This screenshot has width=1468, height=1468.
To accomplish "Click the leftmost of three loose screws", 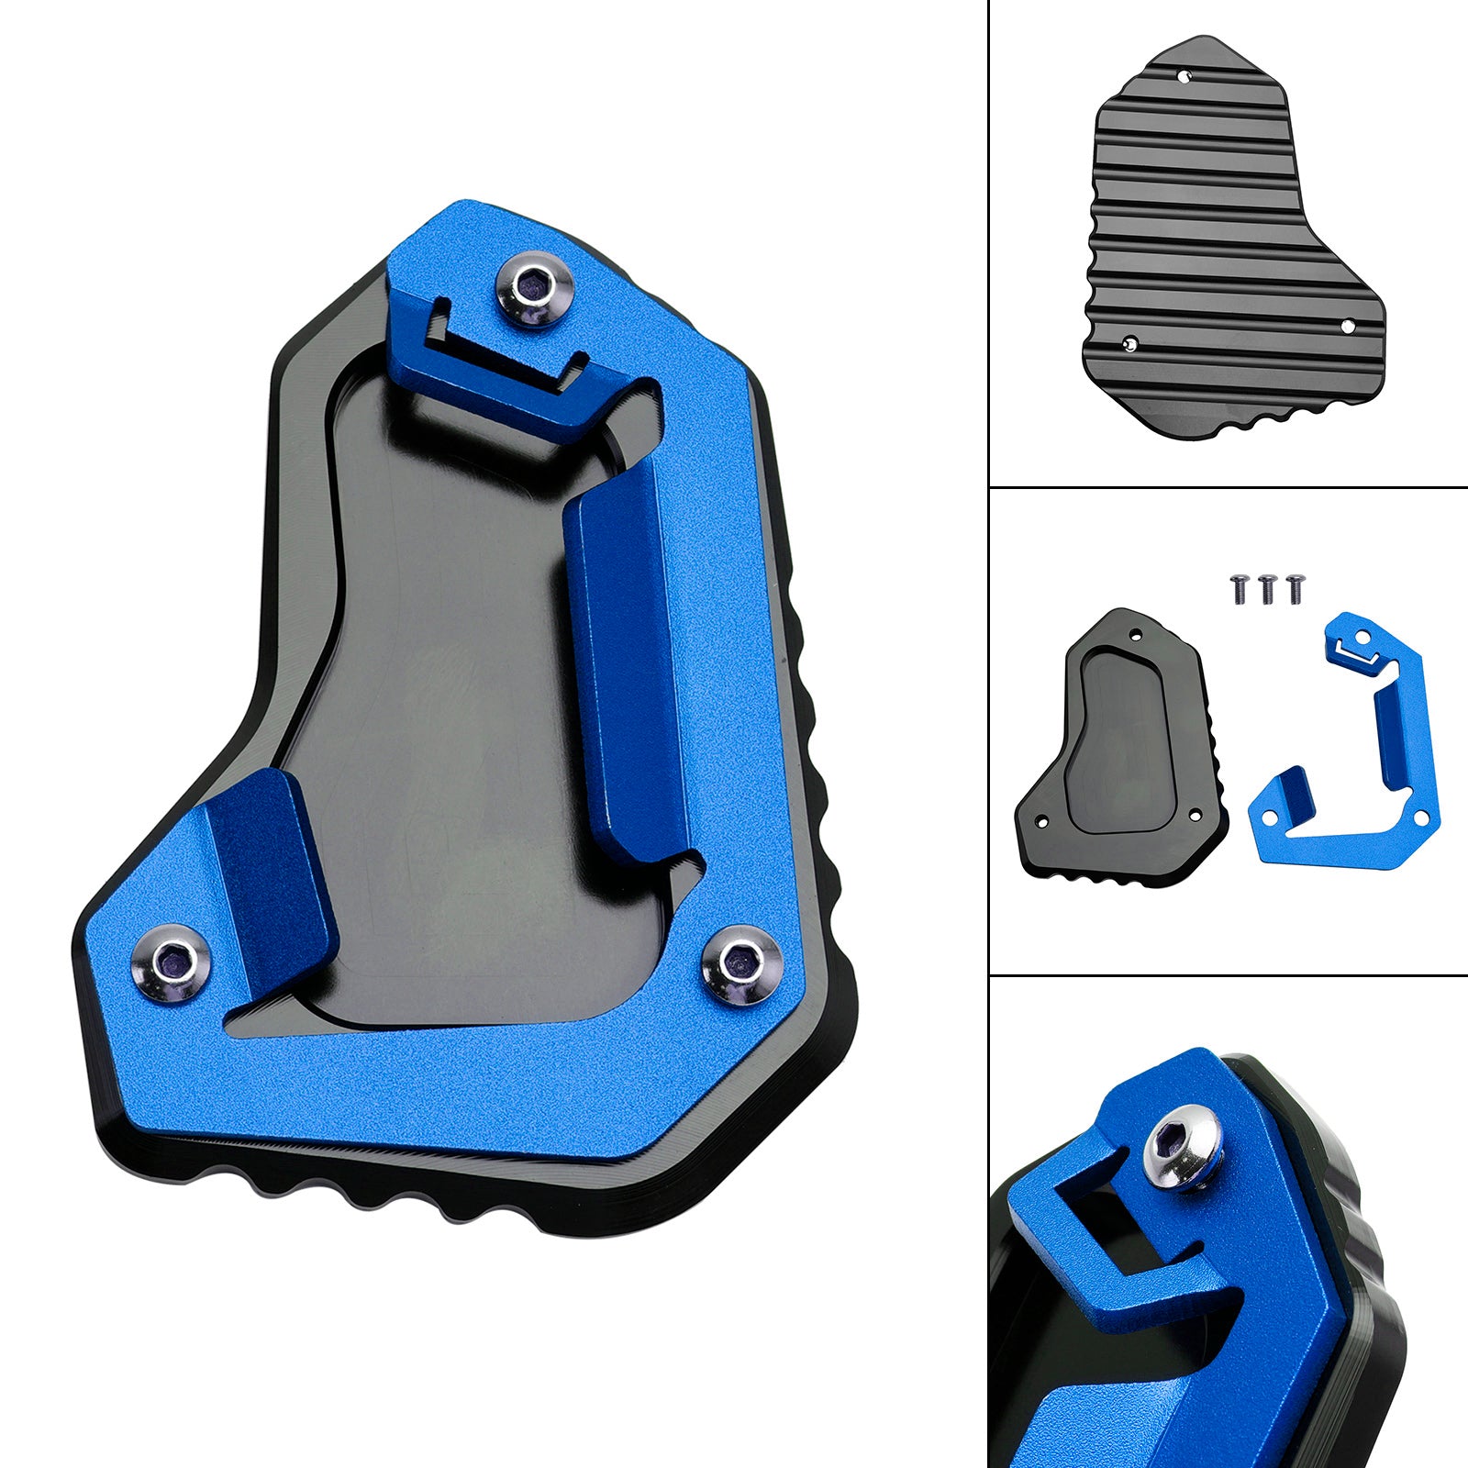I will pyautogui.click(x=1238, y=588).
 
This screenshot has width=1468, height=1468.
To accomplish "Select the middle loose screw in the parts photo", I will pyautogui.click(x=1267, y=588).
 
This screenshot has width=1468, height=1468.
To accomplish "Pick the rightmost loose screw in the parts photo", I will pyautogui.click(x=1296, y=588).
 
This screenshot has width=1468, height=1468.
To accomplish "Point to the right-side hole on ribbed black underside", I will pyautogui.click(x=1348, y=325).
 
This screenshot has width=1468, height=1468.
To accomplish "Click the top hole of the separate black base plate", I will pyautogui.click(x=1137, y=633).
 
